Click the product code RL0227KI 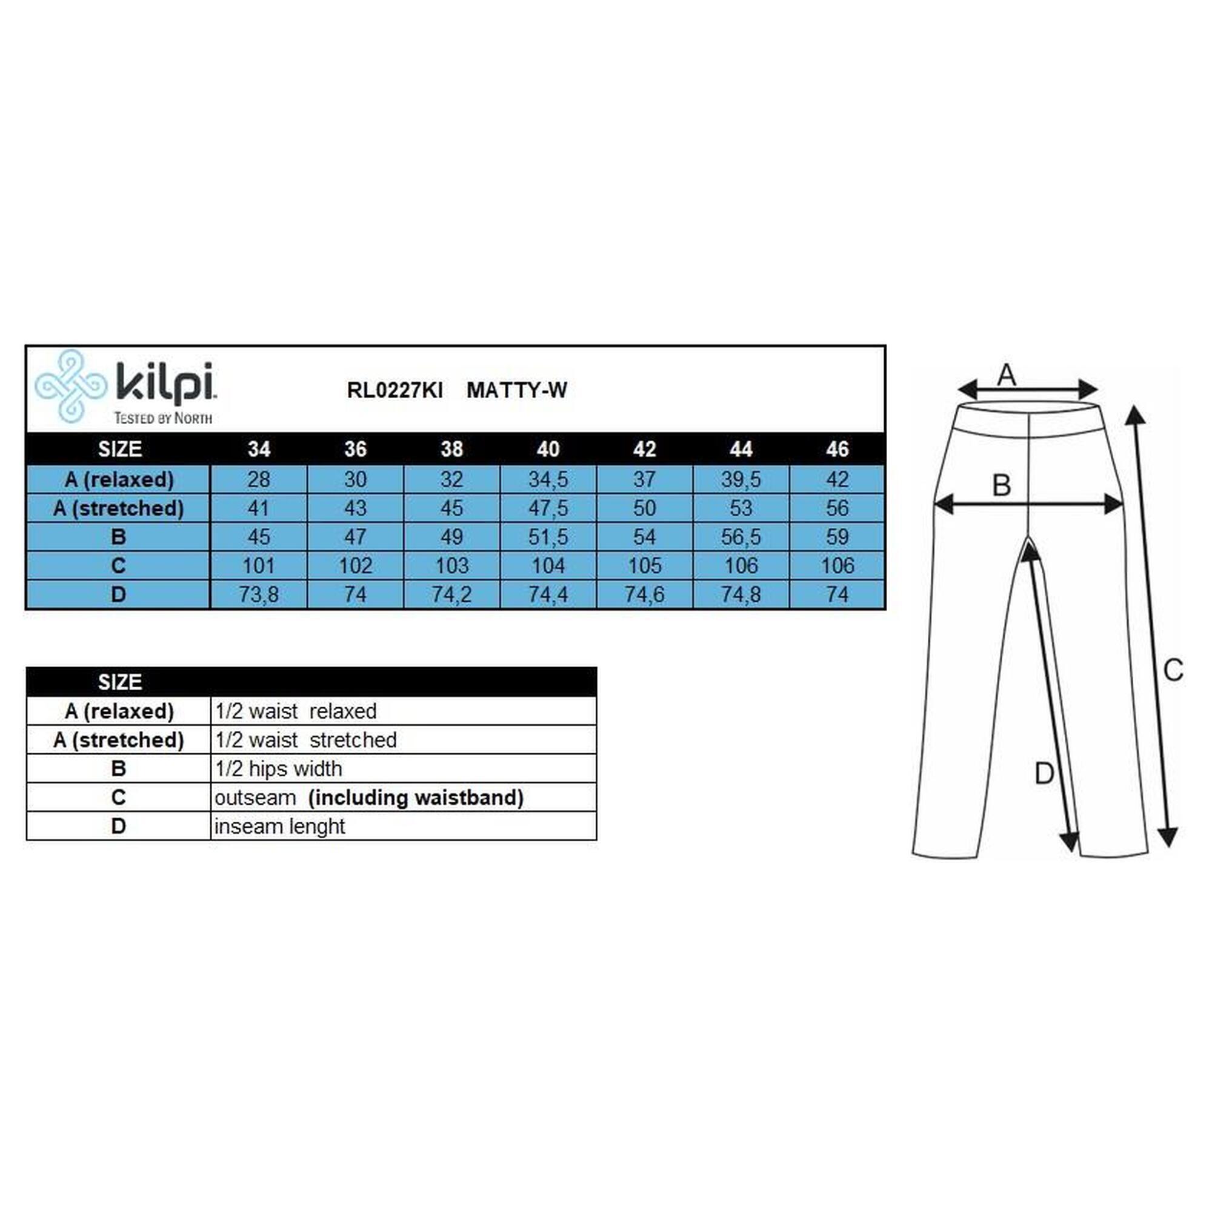395,390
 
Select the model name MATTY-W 516,390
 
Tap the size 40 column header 548,449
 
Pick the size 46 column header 837,449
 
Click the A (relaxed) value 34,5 548,480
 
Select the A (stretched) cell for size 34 259,508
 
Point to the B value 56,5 741,537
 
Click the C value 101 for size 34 259,566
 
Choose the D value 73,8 259,594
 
